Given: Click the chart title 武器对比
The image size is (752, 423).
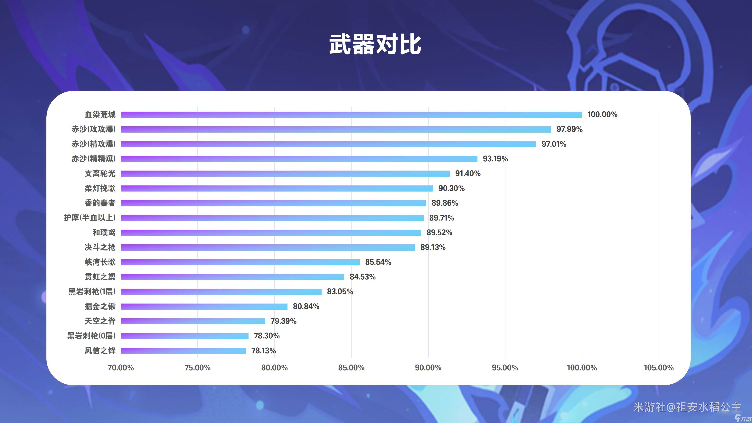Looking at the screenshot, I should point(375,44).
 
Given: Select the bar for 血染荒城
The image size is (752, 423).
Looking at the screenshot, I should point(351,114).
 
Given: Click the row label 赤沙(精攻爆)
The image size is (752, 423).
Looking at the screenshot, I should point(93,144).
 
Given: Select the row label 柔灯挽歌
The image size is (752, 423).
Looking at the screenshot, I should point(100,188).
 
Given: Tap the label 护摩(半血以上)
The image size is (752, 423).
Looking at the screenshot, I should point(90,218).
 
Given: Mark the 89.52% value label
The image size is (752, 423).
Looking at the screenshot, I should point(439,233).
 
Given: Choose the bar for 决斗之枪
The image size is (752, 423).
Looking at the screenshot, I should point(268,247).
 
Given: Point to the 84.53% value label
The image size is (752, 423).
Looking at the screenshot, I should point(362,277).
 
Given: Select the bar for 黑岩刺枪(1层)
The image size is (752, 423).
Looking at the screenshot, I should point(221,292).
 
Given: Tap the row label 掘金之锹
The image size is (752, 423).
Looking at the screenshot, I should point(100,306).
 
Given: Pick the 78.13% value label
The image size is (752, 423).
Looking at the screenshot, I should point(263,351).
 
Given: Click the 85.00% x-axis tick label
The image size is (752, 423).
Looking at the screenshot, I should point(351,368).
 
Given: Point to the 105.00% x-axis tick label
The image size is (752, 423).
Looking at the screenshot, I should point(659,368).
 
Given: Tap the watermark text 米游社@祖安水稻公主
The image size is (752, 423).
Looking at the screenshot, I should point(687,407).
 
